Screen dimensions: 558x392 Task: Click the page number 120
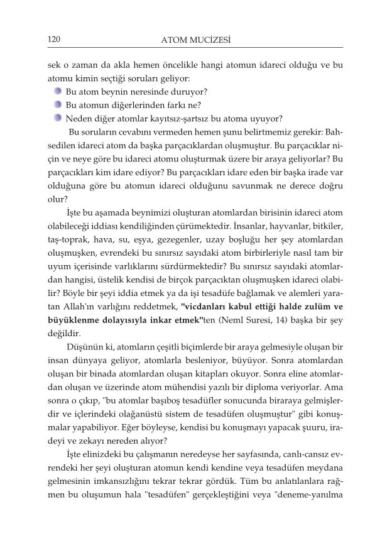53,40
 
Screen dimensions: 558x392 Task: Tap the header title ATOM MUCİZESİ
195,41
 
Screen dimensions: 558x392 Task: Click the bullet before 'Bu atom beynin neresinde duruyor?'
58,92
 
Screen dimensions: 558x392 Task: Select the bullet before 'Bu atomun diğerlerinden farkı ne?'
58,104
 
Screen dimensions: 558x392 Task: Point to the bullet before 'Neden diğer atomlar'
58,118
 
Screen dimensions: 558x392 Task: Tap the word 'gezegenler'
178,239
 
